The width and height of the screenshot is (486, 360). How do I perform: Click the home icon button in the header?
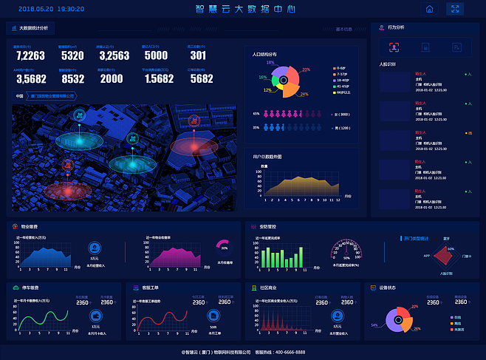429,10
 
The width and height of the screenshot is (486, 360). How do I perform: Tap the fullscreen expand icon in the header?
455,10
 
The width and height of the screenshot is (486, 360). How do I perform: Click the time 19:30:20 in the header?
70,10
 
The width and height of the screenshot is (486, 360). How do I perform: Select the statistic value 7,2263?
30,56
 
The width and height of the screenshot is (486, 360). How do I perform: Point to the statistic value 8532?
72,79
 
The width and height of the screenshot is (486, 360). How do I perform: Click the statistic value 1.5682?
159,79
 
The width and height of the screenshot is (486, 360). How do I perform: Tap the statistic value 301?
198,56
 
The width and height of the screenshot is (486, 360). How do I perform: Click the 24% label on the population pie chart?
304,95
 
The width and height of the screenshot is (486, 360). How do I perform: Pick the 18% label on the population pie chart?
270,63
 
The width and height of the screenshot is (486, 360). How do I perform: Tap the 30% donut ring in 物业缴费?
224,248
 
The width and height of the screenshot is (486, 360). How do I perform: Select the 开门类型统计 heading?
419,238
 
